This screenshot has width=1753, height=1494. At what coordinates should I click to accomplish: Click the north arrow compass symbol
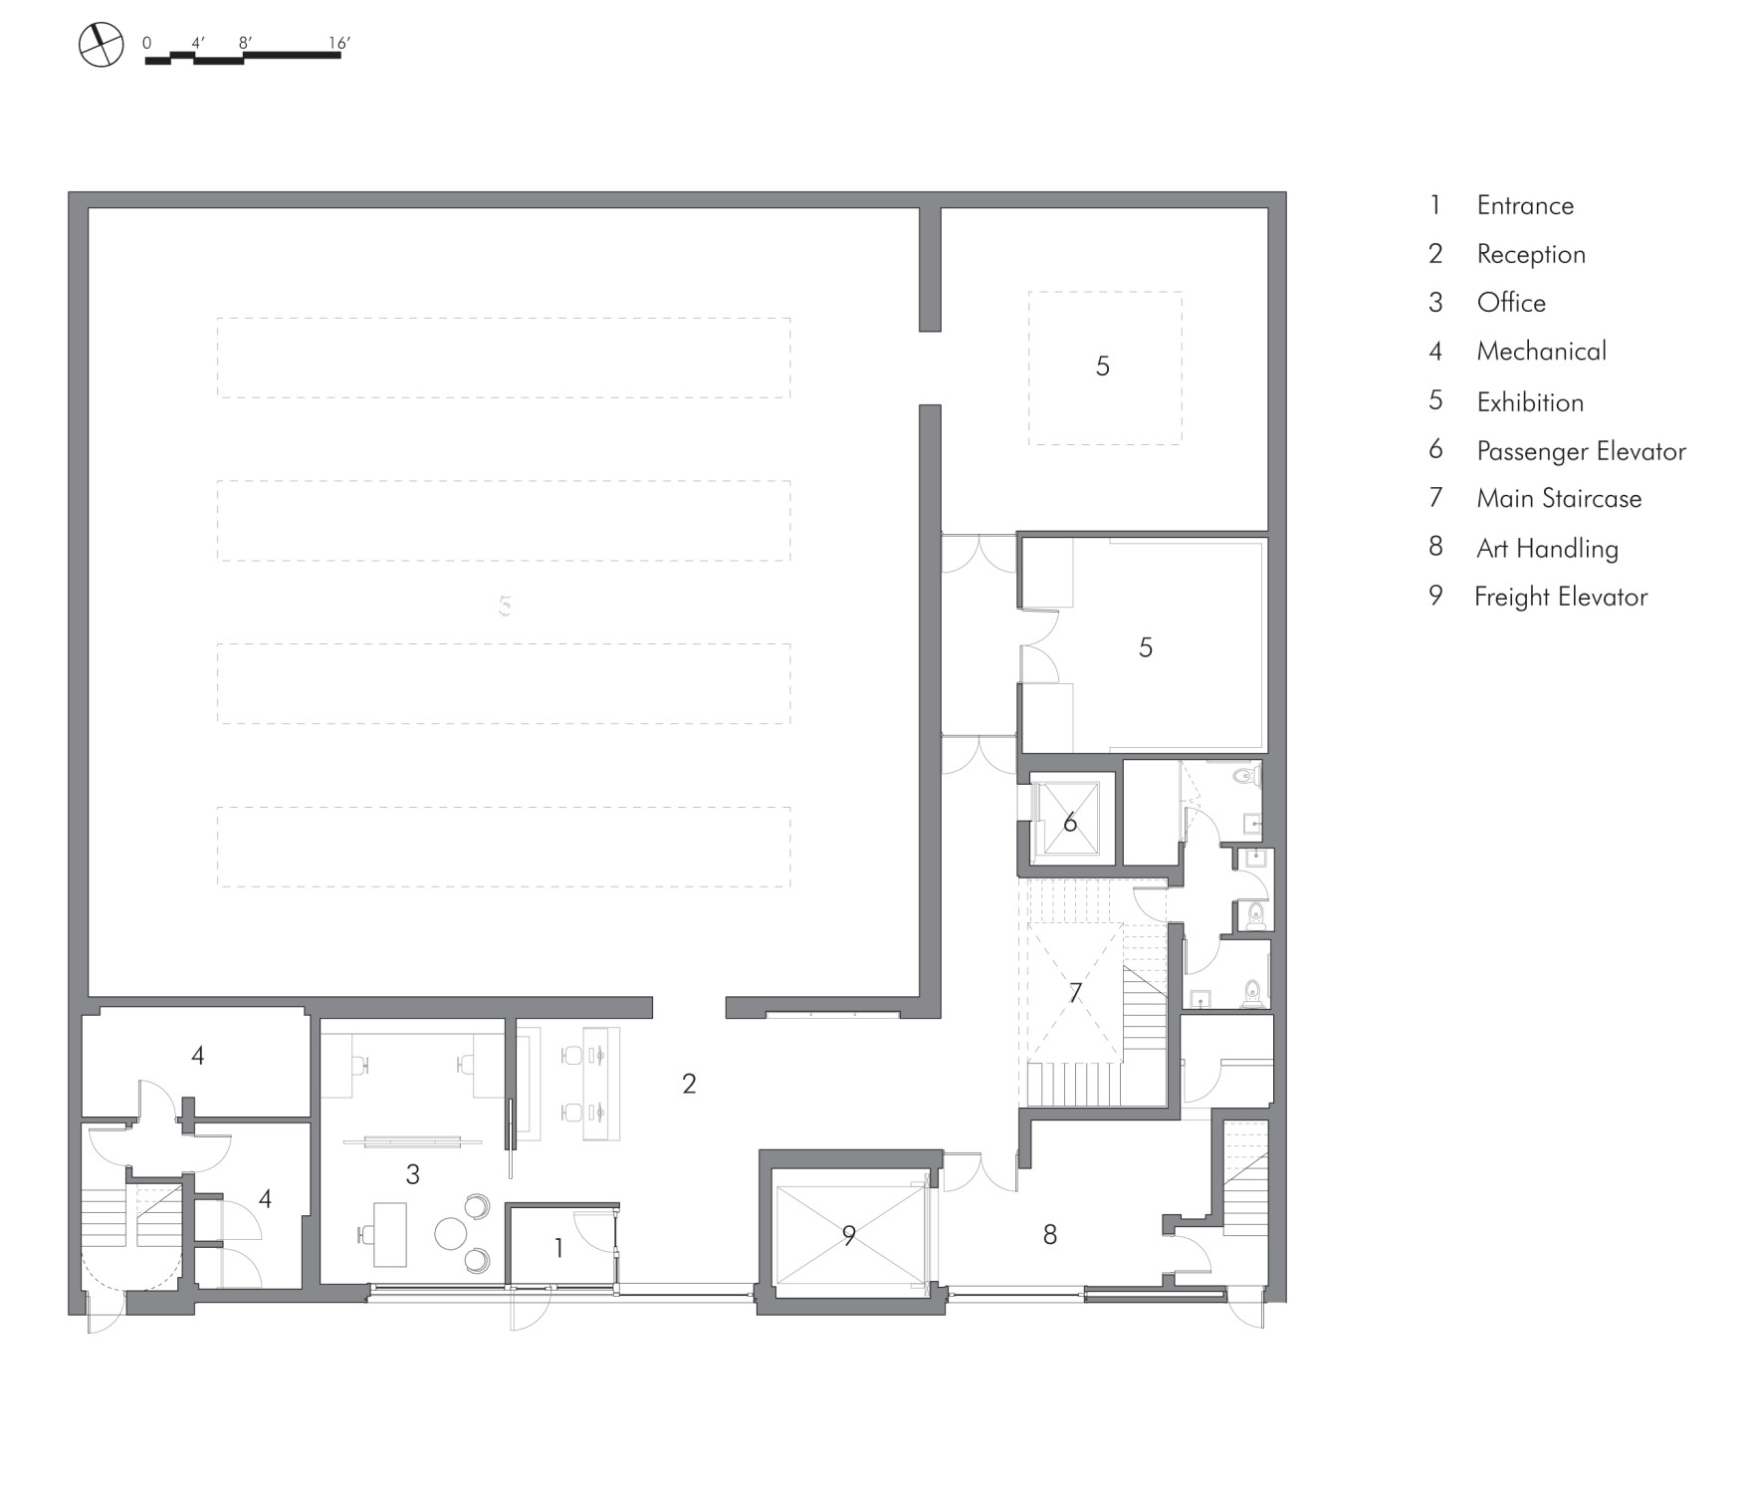pyautogui.click(x=101, y=46)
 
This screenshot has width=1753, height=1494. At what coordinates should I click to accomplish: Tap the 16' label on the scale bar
pyautogui.click(x=339, y=43)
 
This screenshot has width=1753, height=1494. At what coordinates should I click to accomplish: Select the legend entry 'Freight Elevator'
pyautogui.click(x=1561, y=597)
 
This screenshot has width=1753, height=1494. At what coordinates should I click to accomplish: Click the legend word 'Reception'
pyautogui.click(x=1531, y=254)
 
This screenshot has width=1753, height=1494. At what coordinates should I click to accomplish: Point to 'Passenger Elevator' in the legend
pyautogui.click(x=1581, y=451)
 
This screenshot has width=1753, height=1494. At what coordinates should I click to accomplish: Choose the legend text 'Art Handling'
pyautogui.click(x=1547, y=548)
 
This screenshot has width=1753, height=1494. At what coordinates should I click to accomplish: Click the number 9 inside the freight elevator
pyautogui.click(x=848, y=1235)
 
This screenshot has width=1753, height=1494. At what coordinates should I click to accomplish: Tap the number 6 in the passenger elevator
pyautogui.click(x=1070, y=822)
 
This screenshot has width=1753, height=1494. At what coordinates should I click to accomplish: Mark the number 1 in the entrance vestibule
pyautogui.click(x=558, y=1247)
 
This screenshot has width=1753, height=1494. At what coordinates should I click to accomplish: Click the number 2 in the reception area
pyautogui.click(x=689, y=1084)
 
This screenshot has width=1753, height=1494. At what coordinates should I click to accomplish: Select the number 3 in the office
pyautogui.click(x=413, y=1174)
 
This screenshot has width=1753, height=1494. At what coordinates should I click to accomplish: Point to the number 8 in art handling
pyautogui.click(x=1050, y=1235)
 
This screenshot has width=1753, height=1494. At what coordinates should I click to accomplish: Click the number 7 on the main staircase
pyautogui.click(x=1075, y=992)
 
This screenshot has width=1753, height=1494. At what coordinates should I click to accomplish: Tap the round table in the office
pyautogui.click(x=451, y=1234)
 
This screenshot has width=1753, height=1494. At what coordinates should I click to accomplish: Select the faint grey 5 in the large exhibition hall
pyautogui.click(x=505, y=605)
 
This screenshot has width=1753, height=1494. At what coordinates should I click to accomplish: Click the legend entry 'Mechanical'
pyautogui.click(x=1541, y=351)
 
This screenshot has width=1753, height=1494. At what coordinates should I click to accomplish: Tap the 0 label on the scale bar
pyautogui.click(x=147, y=44)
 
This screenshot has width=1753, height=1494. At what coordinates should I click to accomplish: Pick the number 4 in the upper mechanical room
pyautogui.click(x=198, y=1055)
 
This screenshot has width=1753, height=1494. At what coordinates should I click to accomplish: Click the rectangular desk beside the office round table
pyautogui.click(x=390, y=1234)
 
